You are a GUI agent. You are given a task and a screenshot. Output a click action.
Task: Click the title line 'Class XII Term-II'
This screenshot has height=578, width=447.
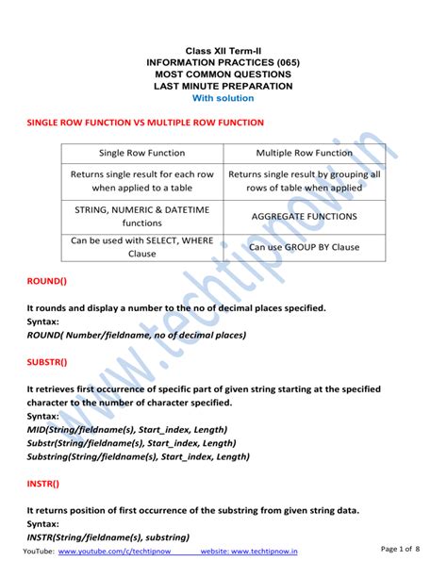pos(223,49)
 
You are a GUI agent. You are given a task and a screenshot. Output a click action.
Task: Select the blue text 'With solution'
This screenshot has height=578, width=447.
pos(223,98)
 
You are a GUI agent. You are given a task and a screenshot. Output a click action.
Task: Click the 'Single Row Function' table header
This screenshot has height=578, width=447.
pos(141,153)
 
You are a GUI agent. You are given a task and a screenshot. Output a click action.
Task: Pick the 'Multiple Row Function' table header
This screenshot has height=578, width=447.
pos(304,153)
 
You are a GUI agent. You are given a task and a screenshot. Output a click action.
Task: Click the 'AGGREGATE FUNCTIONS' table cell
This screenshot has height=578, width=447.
pos(304,216)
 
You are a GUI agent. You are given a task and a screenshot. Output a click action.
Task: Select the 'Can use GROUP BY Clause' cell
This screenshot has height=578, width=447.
pos(304,247)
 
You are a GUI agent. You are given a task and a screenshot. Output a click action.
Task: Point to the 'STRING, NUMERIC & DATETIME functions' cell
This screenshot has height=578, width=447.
pos(141,216)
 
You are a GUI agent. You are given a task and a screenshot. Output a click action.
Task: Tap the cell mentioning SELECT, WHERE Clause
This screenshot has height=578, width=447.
pos(141,247)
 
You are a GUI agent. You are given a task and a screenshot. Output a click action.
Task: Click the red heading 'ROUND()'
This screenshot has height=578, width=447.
pos(47,281)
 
